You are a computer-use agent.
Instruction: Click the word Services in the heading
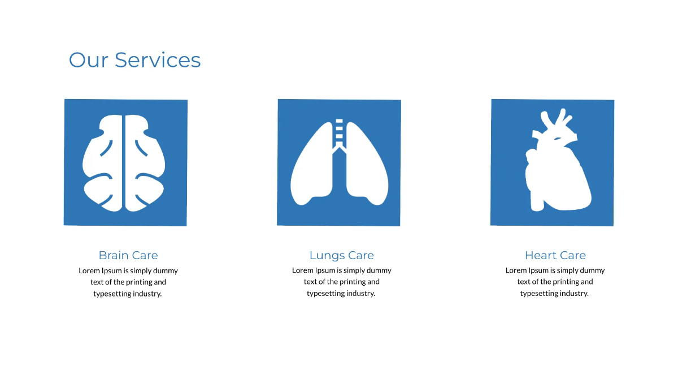pyautogui.click(x=158, y=60)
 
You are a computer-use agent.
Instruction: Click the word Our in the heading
pyautogui.click(x=88, y=60)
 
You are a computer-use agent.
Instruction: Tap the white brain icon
pyautogui.click(x=124, y=163)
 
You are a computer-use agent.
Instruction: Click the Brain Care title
pyautogui.click(x=128, y=255)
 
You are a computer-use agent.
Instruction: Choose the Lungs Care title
pyautogui.click(x=342, y=255)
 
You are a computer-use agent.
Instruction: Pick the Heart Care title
pyautogui.click(x=555, y=255)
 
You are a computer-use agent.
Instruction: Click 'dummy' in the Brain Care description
pyautogui.click(x=166, y=270)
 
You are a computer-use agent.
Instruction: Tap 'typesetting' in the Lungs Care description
pyautogui.click(x=325, y=293)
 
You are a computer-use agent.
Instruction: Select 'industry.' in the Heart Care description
pyautogui.click(x=573, y=293)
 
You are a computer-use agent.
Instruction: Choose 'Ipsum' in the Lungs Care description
pyautogui.click(x=325, y=270)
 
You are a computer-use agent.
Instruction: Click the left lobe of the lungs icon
pyautogui.click(x=311, y=170)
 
